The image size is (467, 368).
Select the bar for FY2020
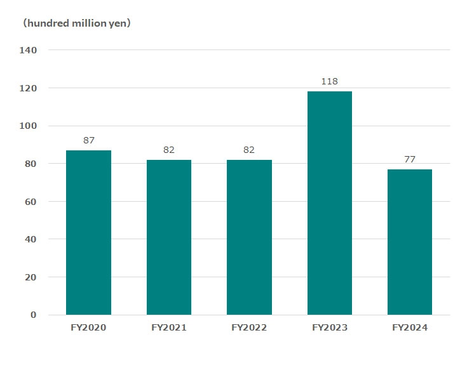tap(88, 232)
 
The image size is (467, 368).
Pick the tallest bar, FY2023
tap(329, 203)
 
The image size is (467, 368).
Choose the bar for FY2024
tap(410, 242)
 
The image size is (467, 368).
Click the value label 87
tap(88, 140)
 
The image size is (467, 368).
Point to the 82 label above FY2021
tap(169, 150)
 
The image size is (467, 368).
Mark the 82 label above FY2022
tap(249, 150)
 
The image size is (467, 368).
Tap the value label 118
tap(329, 81)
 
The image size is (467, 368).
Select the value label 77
tap(410, 159)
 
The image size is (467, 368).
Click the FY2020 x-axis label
tap(88, 328)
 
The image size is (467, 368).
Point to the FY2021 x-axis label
tap(169, 328)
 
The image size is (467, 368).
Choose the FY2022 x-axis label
tap(249, 328)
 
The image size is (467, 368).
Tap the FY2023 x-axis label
tap(329, 328)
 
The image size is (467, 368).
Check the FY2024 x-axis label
tap(410, 328)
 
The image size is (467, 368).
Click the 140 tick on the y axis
tap(29, 50)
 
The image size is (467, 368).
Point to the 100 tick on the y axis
tap(29, 126)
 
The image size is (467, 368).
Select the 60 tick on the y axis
tap(32, 202)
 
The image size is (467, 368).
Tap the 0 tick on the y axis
tap(34, 315)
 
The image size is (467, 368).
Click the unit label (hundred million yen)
tap(76, 23)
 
